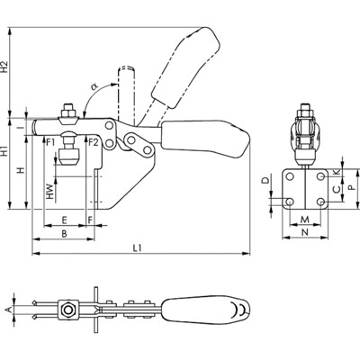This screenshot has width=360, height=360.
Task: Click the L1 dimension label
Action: [x=137, y=248]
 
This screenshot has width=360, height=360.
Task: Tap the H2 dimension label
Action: [x=4, y=67]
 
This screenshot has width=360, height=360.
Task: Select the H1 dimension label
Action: [x=4, y=151]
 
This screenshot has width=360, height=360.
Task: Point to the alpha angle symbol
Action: [x=94, y=86]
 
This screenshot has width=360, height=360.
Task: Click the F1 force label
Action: [x=50, y=142]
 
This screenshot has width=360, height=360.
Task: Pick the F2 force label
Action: [x=94, y=142]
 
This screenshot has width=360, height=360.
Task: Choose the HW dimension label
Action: [x=50, y=192]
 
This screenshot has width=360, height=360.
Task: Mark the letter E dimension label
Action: [x=64, y=220]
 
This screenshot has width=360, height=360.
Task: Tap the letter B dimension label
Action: [x=64, y=234]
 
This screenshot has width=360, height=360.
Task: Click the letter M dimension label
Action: [x=305, y=220]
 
